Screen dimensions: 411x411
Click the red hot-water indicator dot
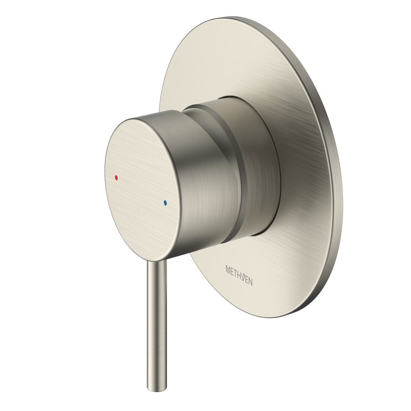click(x=117, y=178)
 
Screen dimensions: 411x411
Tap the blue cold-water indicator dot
click(x=165, y=203)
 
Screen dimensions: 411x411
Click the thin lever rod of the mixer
click(x=157, y=321)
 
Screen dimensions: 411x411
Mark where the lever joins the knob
click(x=158, y=261)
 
